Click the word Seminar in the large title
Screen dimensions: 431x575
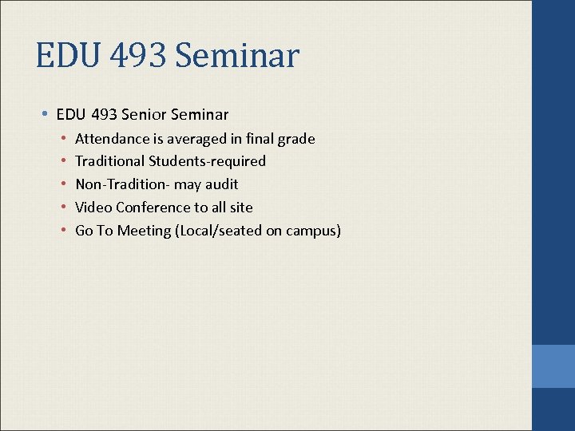pos(236,57)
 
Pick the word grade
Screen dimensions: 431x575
pos(296,139)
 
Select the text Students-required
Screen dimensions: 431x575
pos(208,161)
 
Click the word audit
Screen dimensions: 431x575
pos(221,184)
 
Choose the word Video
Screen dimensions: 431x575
pos(93,208)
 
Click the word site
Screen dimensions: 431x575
pos(240,208)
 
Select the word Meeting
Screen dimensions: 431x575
pos(143,231)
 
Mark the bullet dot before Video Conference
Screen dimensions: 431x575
pos(63,208)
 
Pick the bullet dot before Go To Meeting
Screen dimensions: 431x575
pos(63,231)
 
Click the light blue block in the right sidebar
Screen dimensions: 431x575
pos(553,366)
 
